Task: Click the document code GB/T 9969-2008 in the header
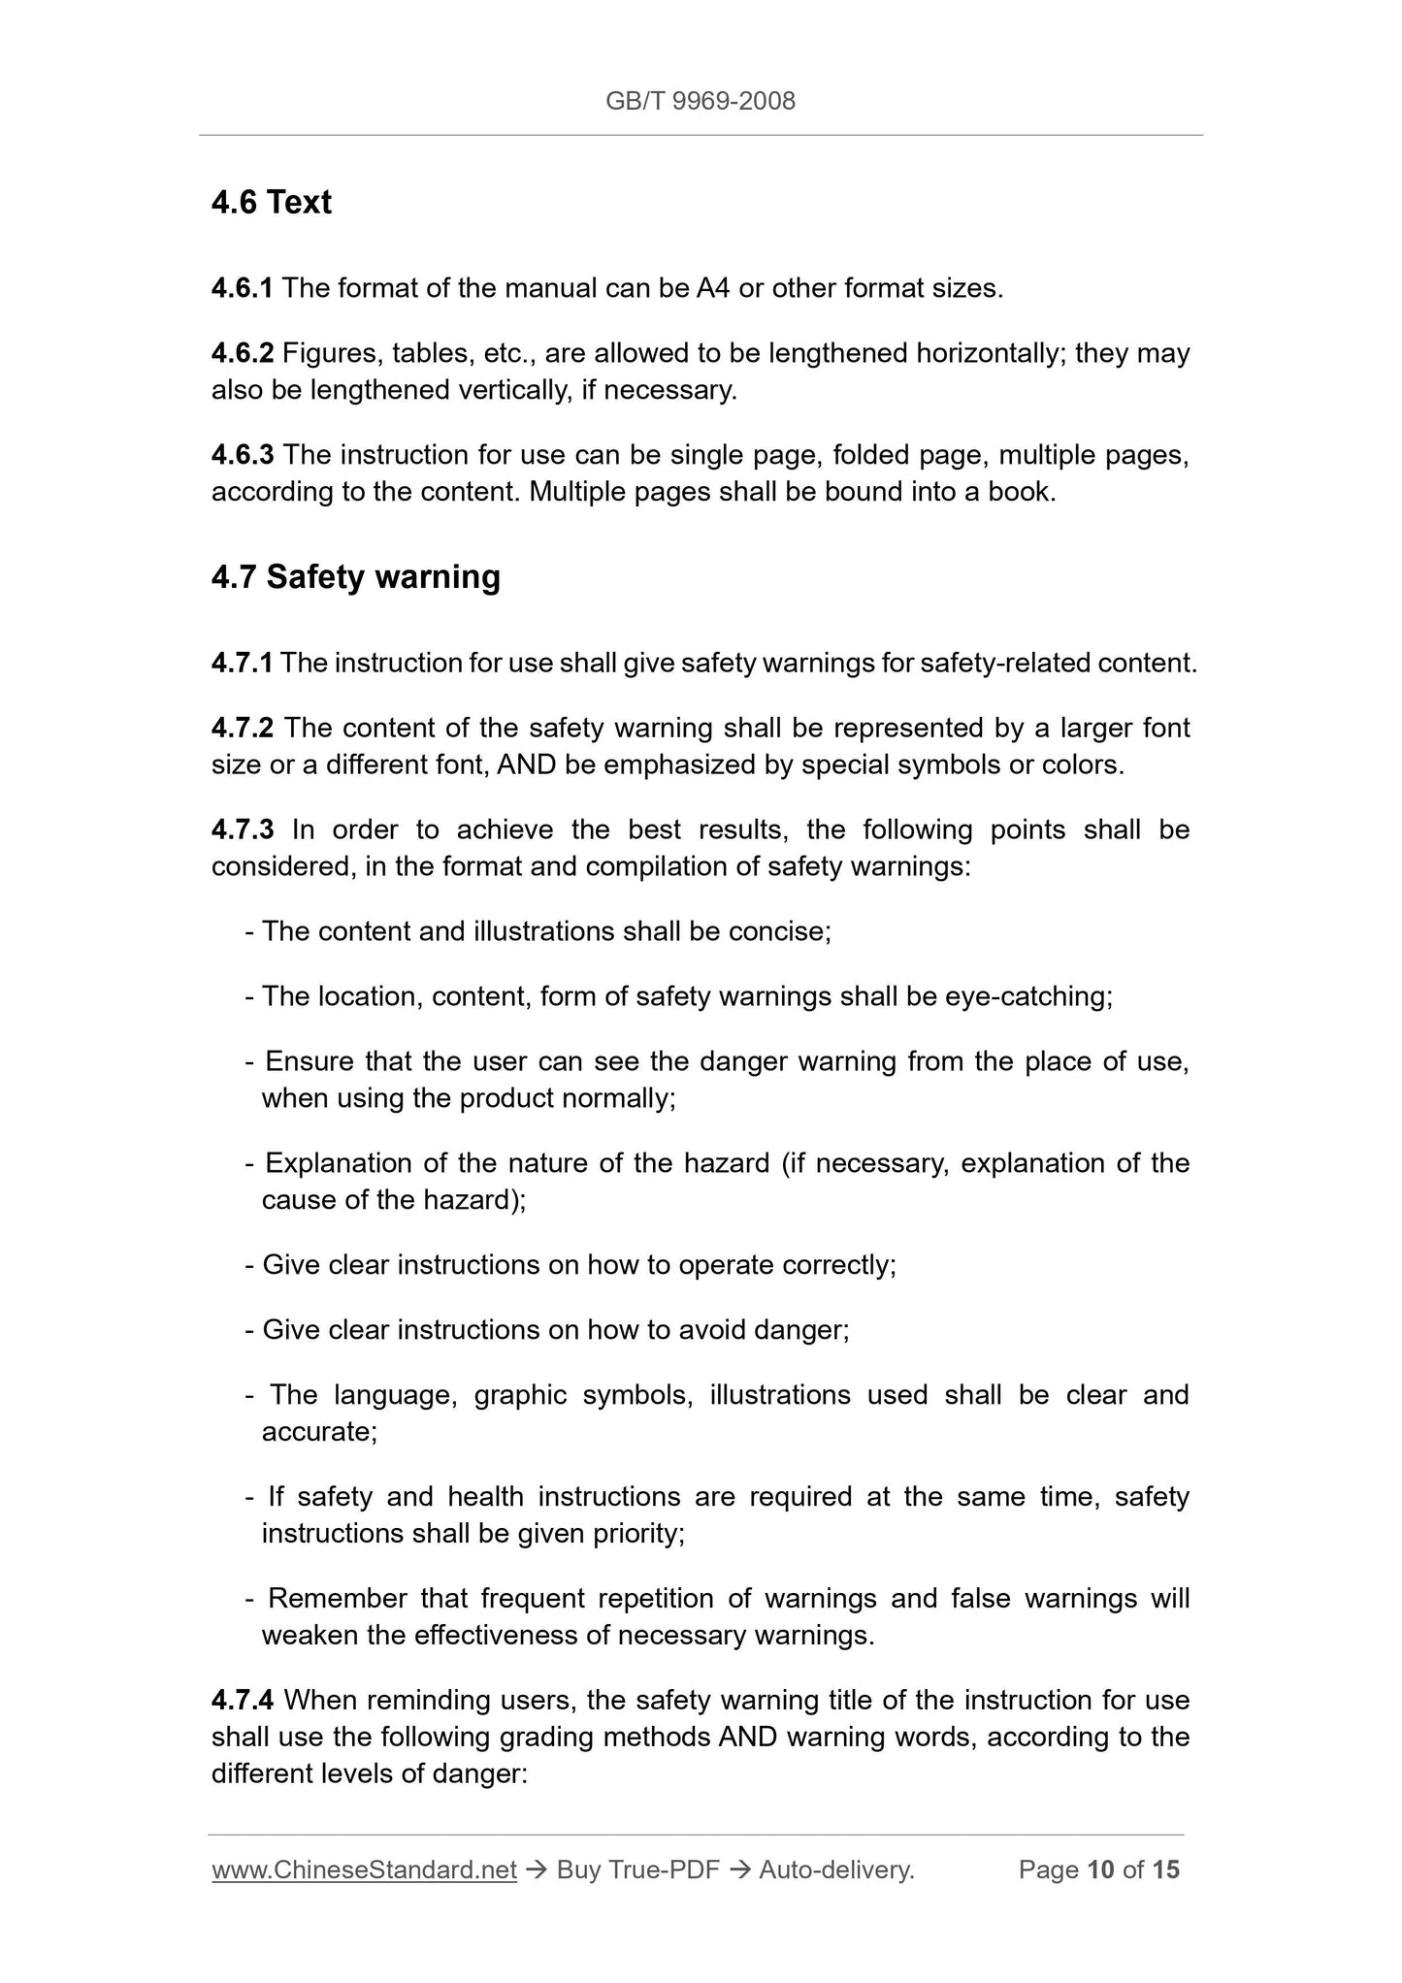(x=700, y=101)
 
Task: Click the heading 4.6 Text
(x=272, y=202)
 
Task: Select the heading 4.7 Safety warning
(x=355, y=576)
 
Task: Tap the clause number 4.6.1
(x=242, y=288)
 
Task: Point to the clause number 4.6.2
(x=242, y=353)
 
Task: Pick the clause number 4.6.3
(x=242, y=455)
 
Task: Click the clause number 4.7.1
(x=242, y=664)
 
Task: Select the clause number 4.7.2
(x=242, y=728)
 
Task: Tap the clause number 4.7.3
(x=242, y=829)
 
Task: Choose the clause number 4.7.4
(x=242, y=1700)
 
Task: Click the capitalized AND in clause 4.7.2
(x=526, y=765)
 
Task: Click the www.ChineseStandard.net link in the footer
(x=364, y=1869)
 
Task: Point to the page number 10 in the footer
(x=1100, y=1869)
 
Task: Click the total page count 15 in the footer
(x=1165, y=1869)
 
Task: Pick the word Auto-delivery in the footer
(x=835, y=1869)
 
